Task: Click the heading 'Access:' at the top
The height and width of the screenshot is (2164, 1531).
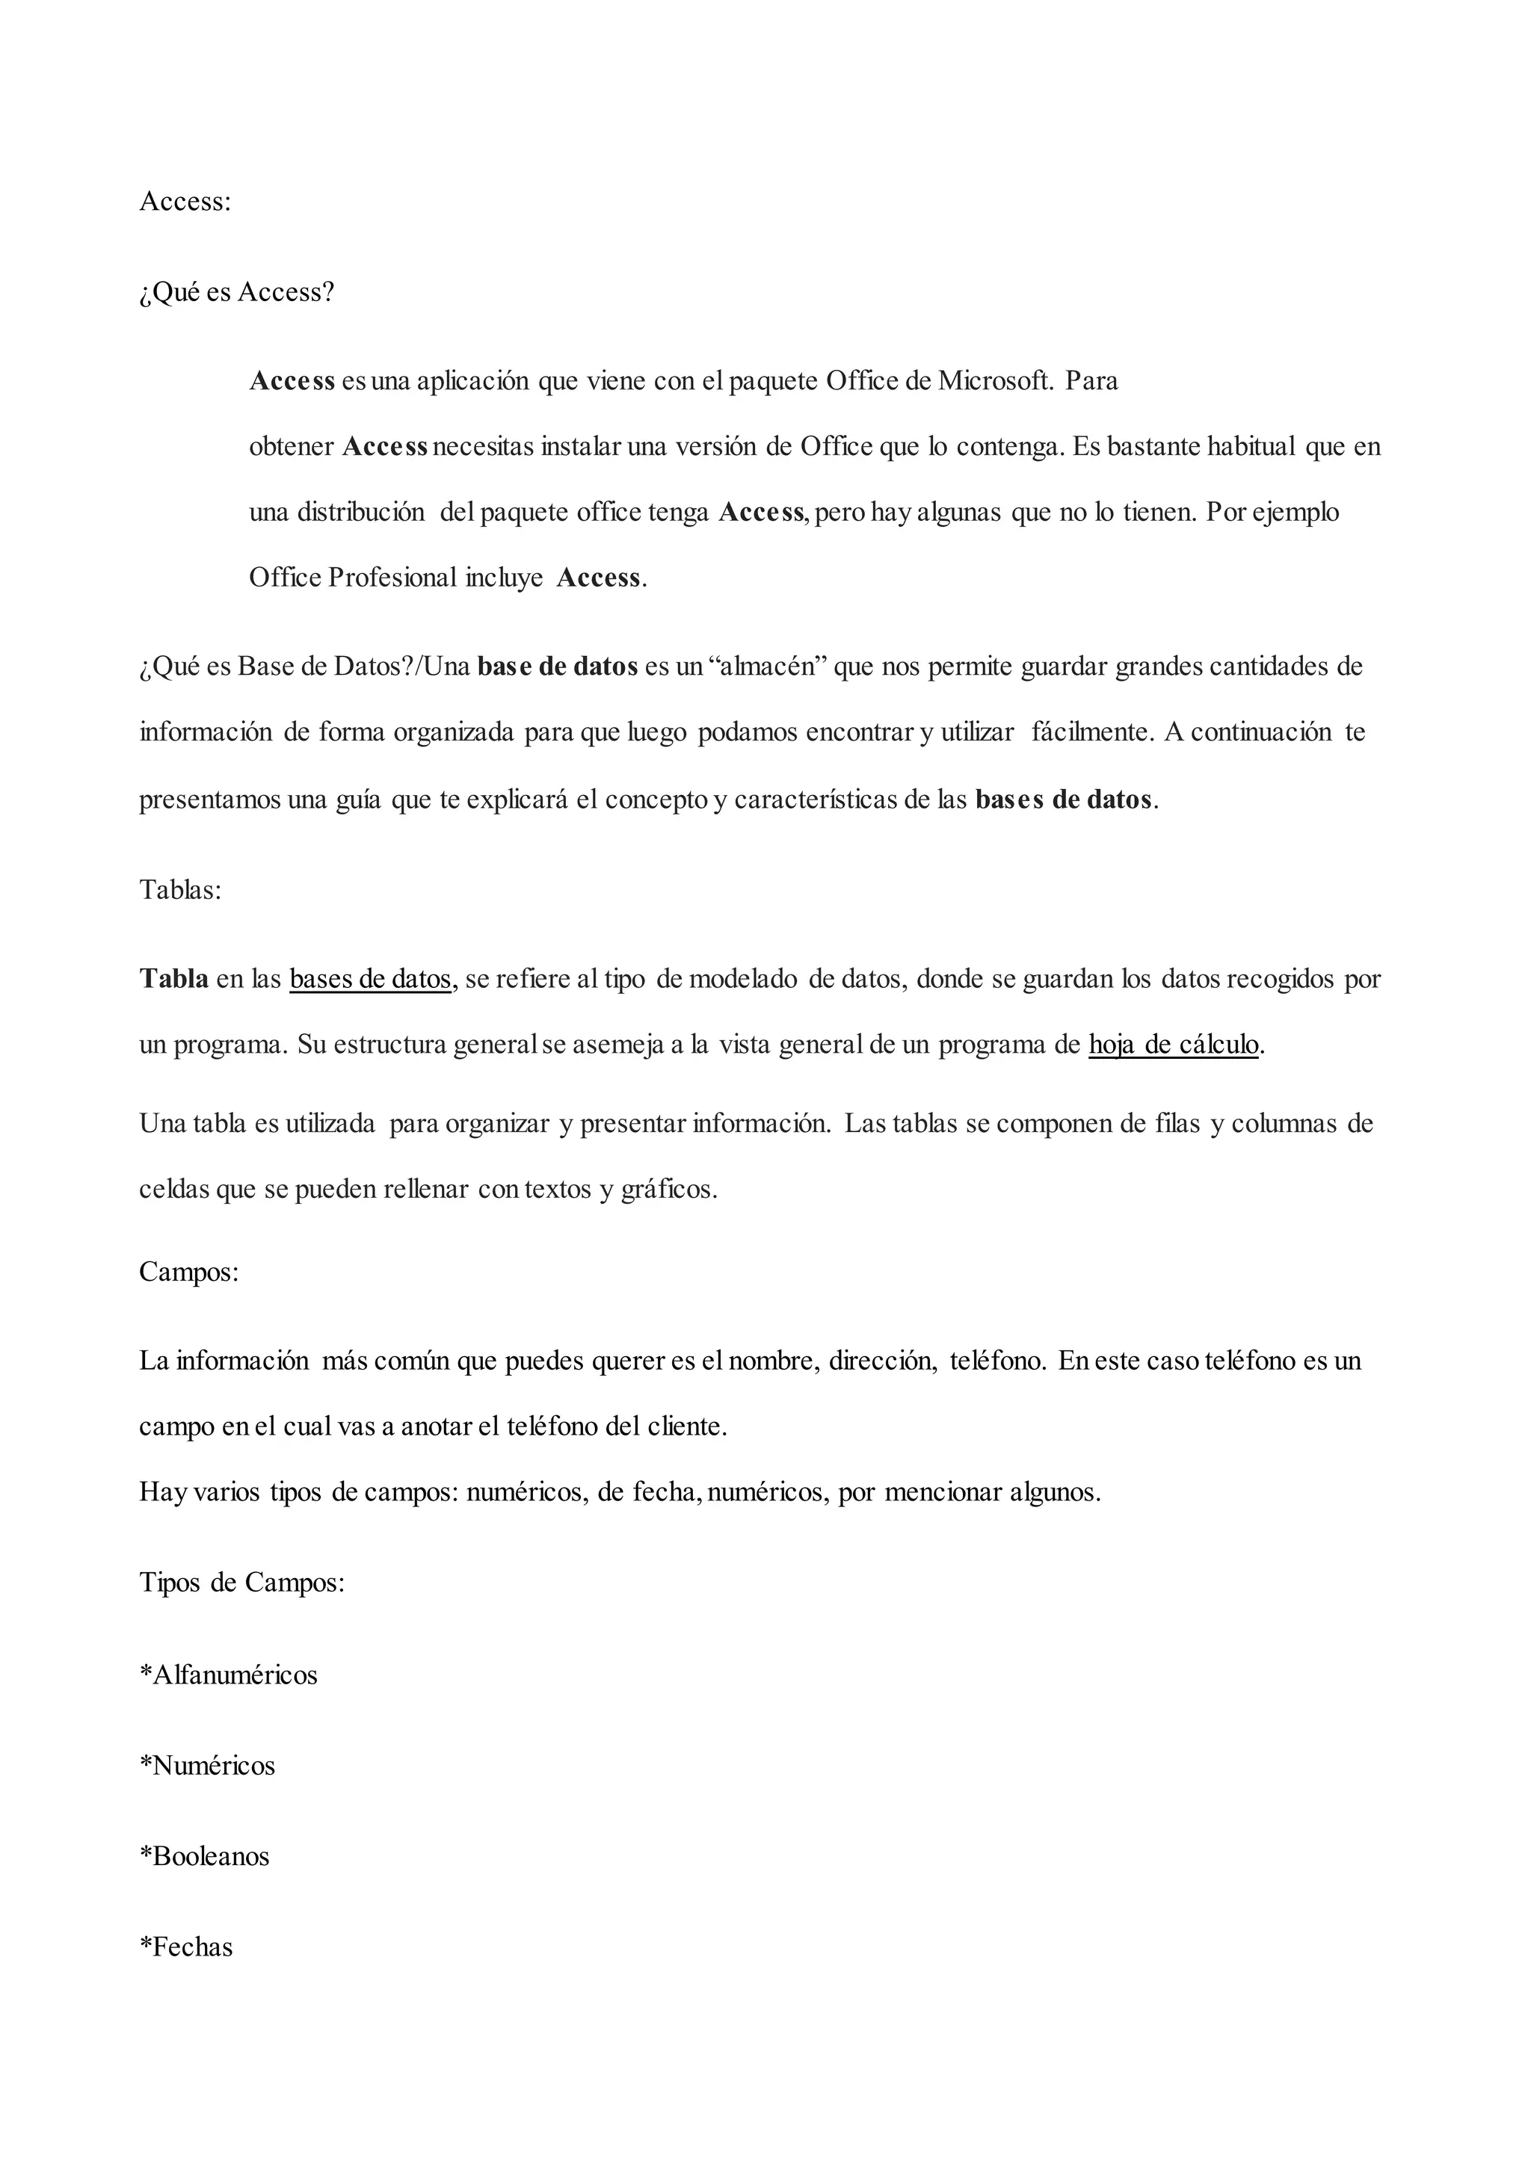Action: pyautogui.click(x=185, y=202)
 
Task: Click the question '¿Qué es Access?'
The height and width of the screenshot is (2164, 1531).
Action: pyautogui.click(x=237, y=292)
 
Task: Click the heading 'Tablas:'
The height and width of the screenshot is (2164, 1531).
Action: pyautogui.click(x=180, y=890)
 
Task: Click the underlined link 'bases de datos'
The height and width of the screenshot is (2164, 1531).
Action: pyautogui.click(x=371, y=980)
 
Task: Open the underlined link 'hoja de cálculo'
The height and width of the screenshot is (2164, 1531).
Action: pyautogui.click(x=1173, y=1045)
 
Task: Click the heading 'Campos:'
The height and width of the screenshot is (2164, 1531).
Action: pyautogui.click(x=188, y=1272)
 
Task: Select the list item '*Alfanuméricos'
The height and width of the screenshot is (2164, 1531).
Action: pyautogui.click(x=228, y=1675)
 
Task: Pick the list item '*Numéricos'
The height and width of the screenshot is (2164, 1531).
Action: pyautogui.click(x=207, y=1765)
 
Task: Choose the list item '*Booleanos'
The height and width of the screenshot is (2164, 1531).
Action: pyautogui.click(x=205, y=1856)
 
